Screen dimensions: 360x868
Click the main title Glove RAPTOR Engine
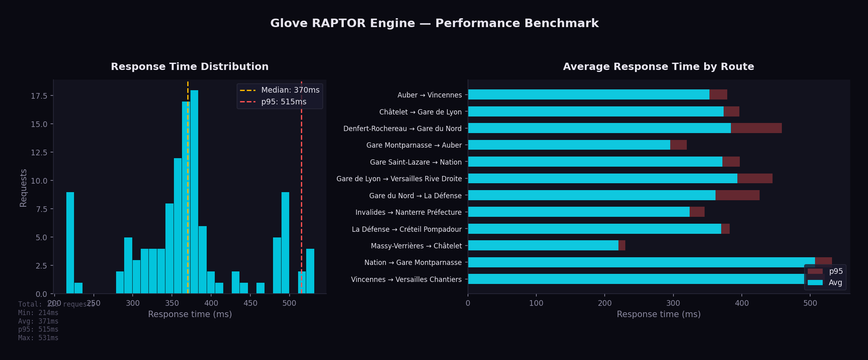(x=434, y=23)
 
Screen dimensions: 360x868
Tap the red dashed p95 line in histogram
(x=301, y=162)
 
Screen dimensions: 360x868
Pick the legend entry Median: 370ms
(x=290, y=90)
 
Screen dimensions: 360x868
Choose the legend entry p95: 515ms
(x=284, y=102)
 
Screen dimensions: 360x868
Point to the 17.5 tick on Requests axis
(x=39, y=96)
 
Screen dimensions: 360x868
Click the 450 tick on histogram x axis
(x=250, y=303)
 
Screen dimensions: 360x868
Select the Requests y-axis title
(x=23, y=188)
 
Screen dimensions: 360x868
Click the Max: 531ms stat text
(x=38, y=338)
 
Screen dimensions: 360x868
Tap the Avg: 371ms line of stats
(x=38, y=321)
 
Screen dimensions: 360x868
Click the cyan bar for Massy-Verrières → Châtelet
(x=543, y=246)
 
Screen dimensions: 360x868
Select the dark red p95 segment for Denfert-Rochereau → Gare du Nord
(x=756, y=128)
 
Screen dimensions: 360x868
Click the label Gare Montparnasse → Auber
(x=414, y=145)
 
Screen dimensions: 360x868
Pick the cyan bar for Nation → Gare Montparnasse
(x=641, y=262)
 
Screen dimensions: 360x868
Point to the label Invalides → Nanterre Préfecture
(x=408, y=212)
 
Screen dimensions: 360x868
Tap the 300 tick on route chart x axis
(x=673, y=303)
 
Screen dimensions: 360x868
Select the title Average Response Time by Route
(x=658, y=67)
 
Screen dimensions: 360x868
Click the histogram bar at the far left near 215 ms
(x=70, y=243)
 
